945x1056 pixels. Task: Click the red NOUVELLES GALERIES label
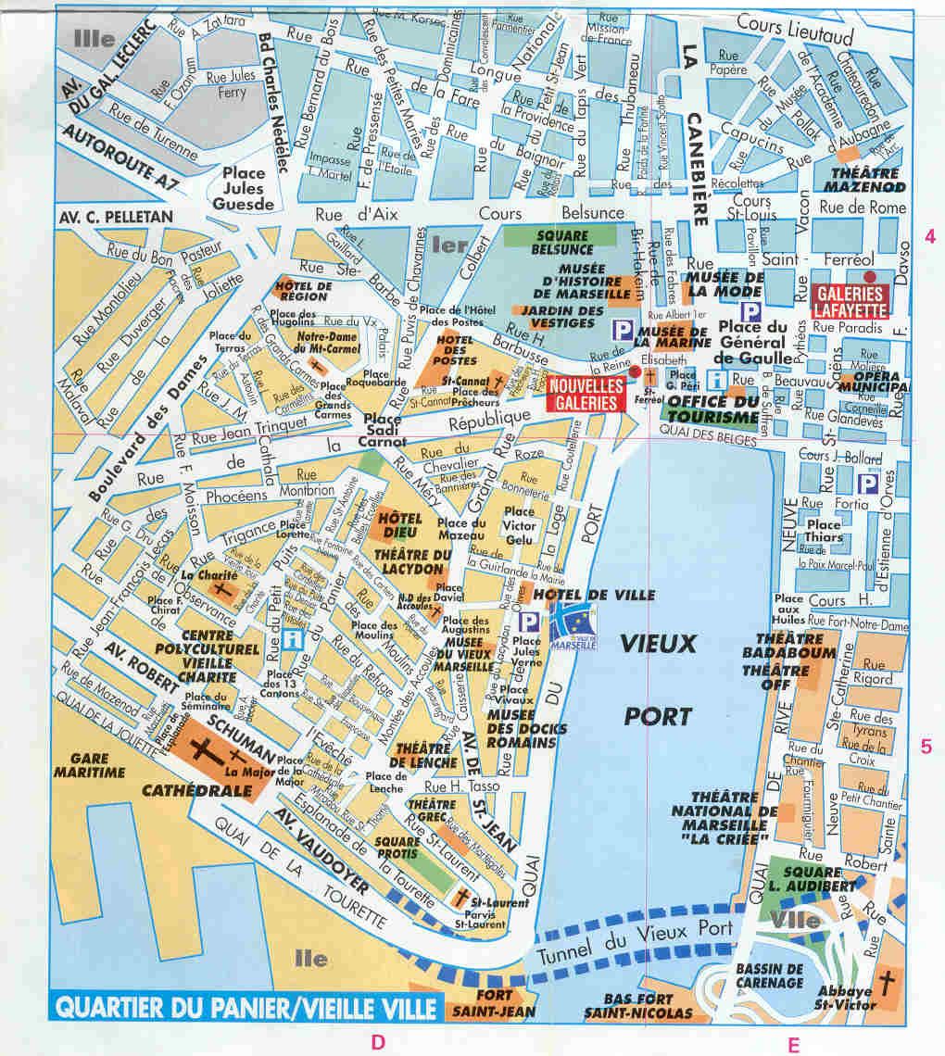[x=586, y=393]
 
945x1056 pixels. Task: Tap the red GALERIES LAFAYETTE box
[x=850, y=299]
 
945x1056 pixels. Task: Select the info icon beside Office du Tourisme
[x=716, y=379]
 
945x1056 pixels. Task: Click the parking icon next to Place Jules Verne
[x=528, y=622]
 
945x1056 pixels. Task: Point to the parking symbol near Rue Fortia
[x=867, y=483]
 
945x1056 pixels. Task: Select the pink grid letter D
[x=378, y=1040]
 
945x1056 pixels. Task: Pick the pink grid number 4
[x=929, y=237]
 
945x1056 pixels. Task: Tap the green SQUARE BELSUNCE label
[x=561, y=243]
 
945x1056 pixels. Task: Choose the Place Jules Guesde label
[x=243, y=188]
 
